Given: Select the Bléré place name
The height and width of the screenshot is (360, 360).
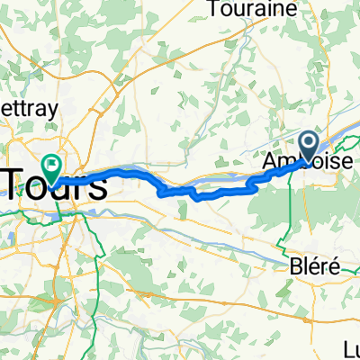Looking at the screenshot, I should [x=310, y=267].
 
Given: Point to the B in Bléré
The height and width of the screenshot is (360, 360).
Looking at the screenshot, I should [x=293, y=267].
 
